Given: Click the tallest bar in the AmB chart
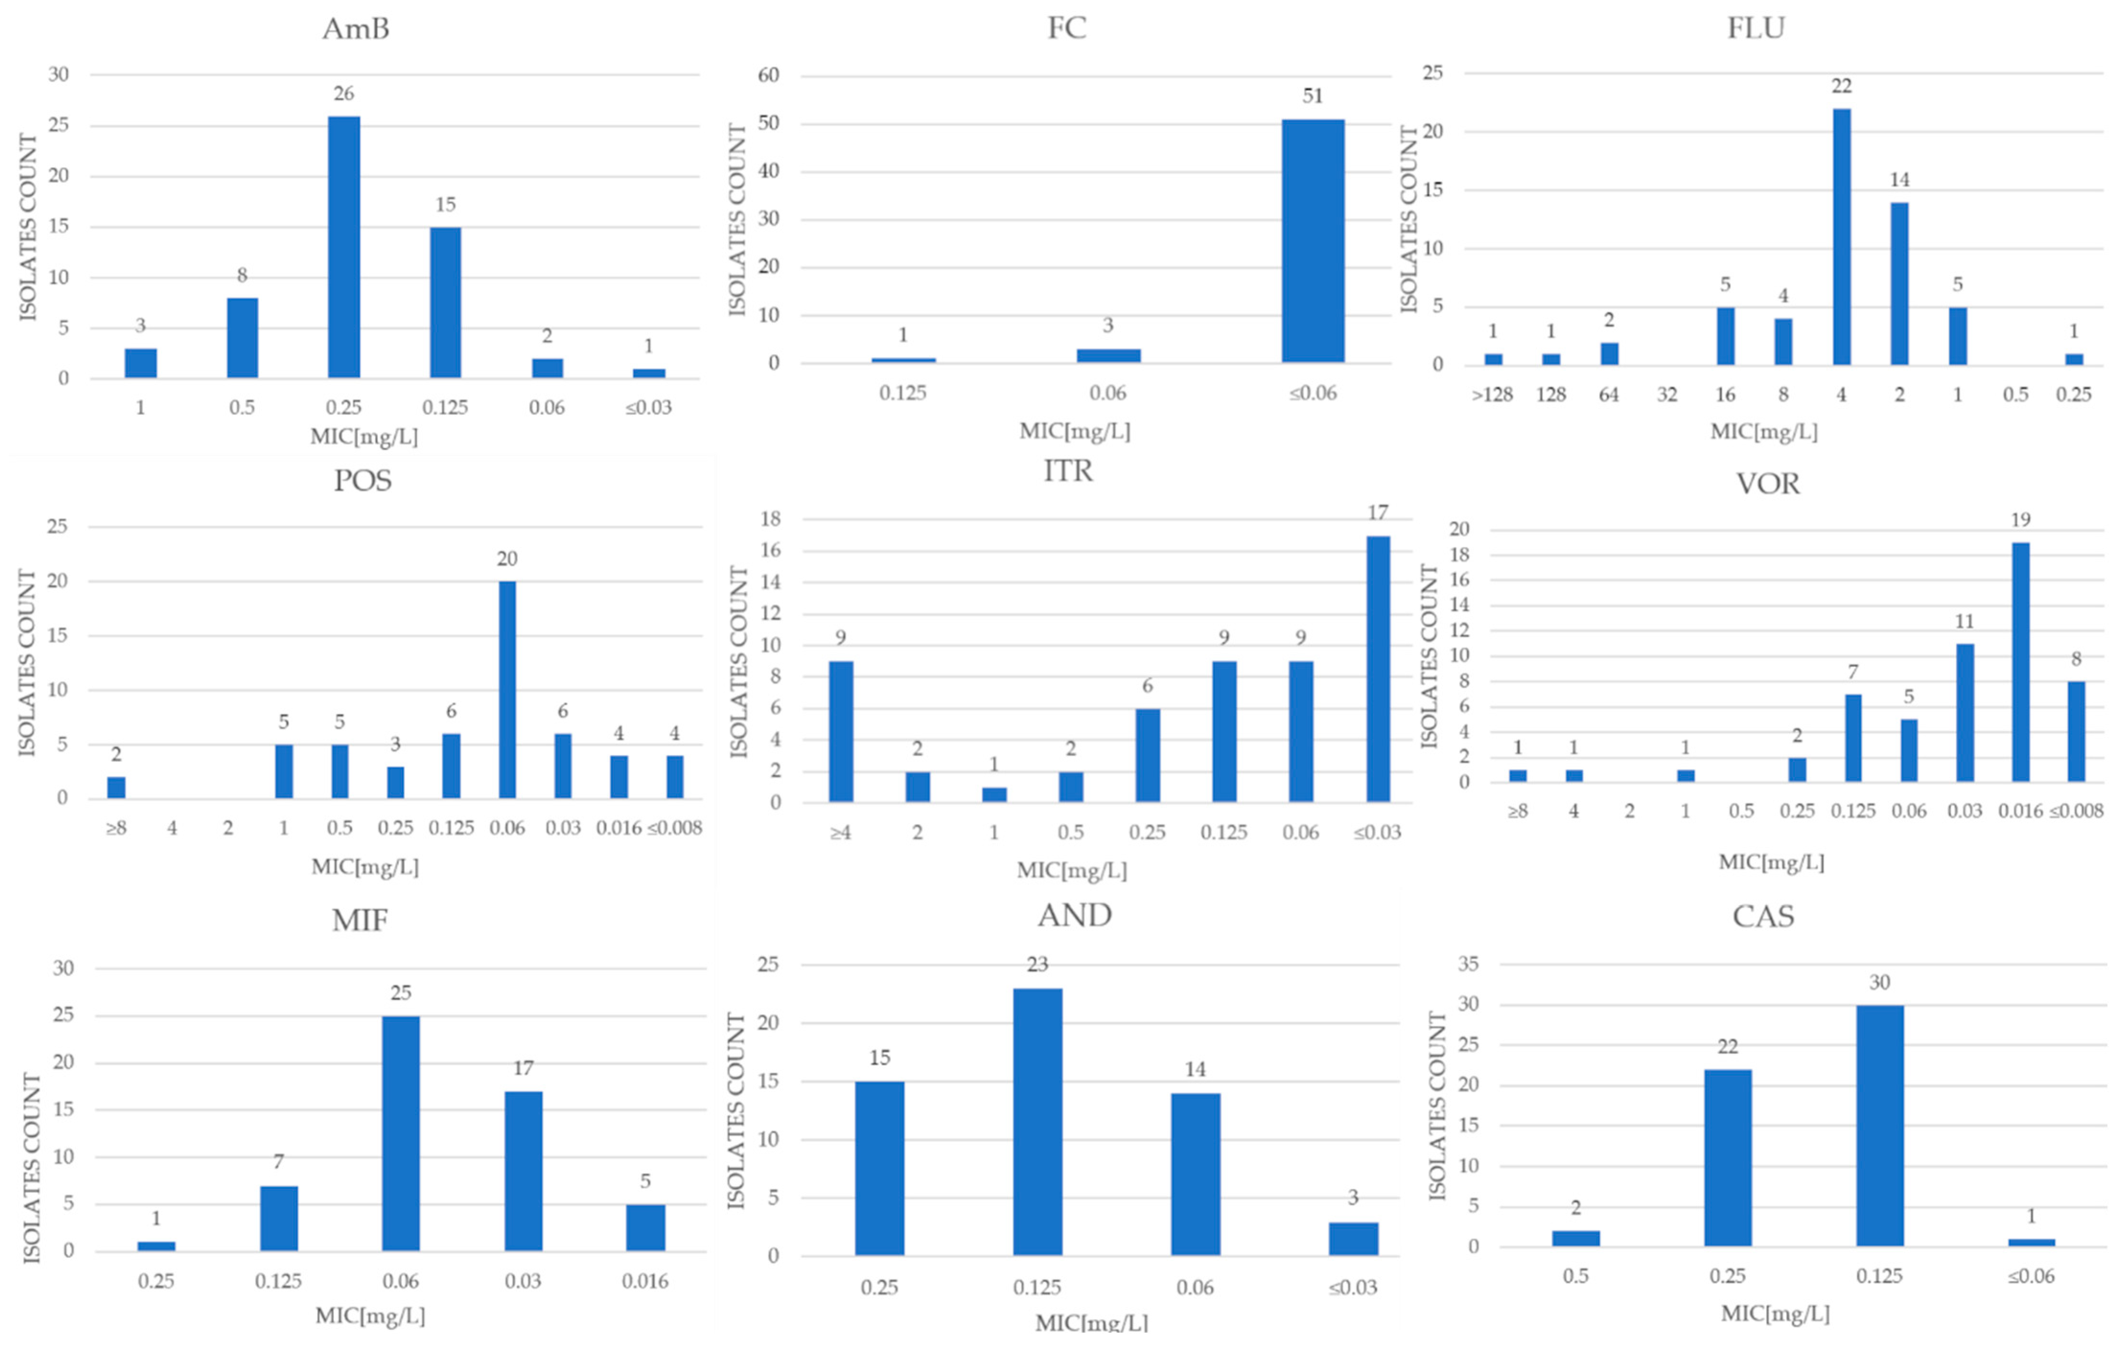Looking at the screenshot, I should [x=344, y=247].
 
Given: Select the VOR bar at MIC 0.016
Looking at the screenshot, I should [x=2020, y=662].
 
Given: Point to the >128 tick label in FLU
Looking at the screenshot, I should [x=1492, y=395].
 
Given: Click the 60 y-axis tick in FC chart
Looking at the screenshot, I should [x=767, y=76].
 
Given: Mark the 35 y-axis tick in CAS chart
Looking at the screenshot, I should [x=1467, y=964].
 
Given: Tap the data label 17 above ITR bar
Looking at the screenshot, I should [x=1377, y=513].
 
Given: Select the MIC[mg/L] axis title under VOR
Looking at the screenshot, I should [x=1771, y=862].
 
